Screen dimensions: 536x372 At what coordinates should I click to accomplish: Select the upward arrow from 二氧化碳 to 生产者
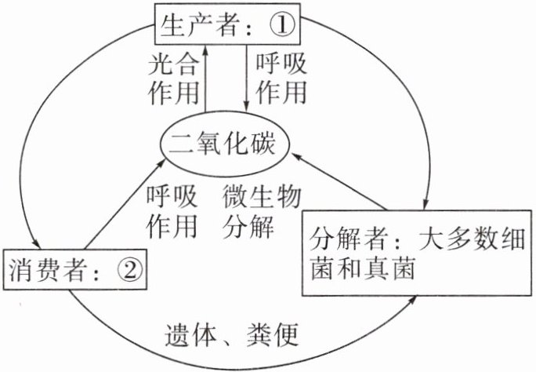[206, 78]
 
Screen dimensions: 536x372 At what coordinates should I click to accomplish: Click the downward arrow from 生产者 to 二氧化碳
[248, 78]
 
